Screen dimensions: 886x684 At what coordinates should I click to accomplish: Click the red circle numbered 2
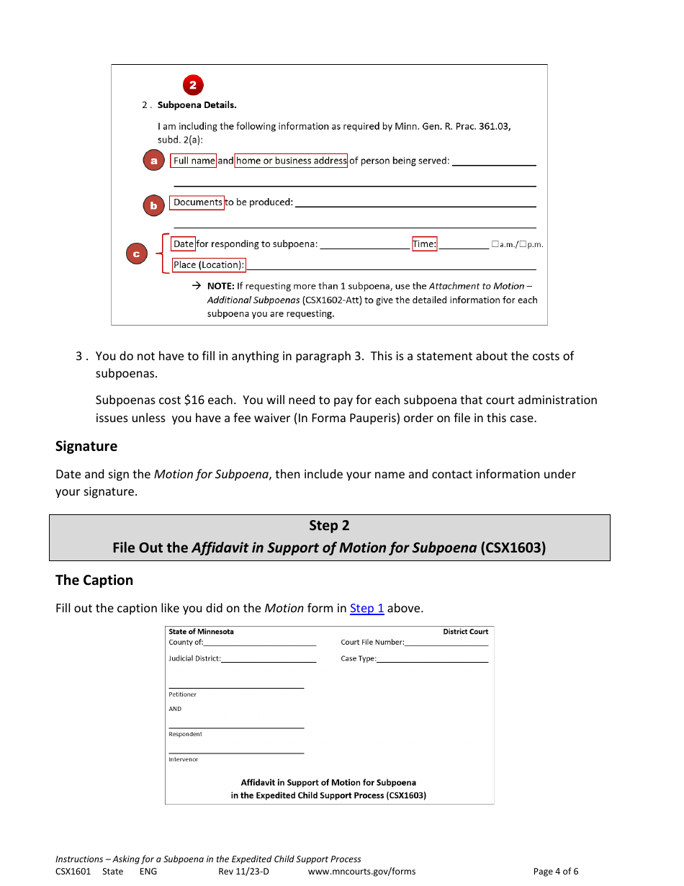192,85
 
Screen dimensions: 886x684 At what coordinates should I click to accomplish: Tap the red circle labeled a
153,161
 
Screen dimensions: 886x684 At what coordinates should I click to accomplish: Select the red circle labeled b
153,205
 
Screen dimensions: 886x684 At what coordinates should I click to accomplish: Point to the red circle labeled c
136,254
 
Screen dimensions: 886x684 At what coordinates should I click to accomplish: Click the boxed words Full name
193,161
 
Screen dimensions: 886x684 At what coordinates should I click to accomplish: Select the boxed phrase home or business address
291,161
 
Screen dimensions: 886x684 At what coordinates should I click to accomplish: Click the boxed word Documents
197,202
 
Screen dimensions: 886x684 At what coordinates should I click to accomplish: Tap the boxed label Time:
424,244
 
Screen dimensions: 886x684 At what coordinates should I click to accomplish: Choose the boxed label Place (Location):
208,265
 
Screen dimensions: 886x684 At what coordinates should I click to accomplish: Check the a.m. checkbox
495,244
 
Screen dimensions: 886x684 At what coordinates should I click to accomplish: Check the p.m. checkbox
523,244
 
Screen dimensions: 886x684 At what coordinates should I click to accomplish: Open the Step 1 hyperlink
366,608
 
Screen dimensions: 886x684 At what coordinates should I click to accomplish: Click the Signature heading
86,446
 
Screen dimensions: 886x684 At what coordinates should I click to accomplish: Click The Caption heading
94,580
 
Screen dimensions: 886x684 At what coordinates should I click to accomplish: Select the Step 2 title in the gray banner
329,526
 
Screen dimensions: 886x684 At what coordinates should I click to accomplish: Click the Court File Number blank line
446,643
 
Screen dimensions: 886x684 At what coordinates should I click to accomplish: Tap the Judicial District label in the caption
194,658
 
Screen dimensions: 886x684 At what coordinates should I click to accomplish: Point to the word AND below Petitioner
175,709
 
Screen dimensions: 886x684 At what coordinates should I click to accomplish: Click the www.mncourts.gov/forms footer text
361,871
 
